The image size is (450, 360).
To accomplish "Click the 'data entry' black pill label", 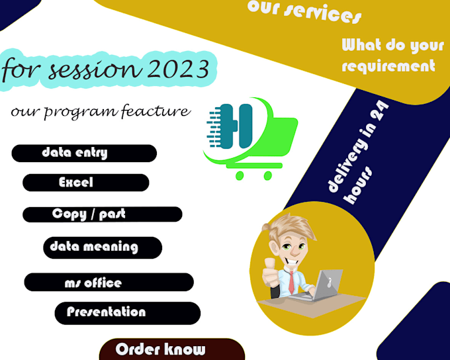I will (x=84, y=153).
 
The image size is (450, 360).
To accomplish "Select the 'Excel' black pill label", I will (x=85, y=183).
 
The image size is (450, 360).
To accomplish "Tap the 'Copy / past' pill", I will (x=102, y=214).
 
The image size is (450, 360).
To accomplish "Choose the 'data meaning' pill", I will (x=103, y=247).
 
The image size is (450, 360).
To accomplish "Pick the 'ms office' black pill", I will (x=109, y=283).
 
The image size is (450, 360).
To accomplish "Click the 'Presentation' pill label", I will (x=127, y=312).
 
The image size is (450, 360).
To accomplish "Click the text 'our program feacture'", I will (x=100, y=111).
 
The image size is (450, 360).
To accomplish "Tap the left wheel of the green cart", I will (x=240, y=175).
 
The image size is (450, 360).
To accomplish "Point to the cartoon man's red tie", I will (x=291, y=282).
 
